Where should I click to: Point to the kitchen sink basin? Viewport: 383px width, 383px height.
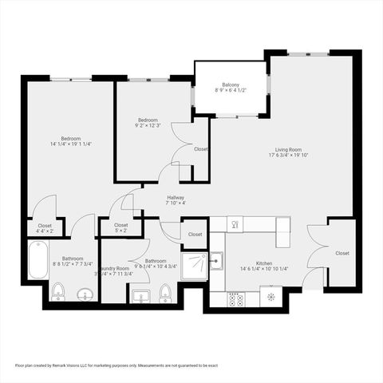[216, 259]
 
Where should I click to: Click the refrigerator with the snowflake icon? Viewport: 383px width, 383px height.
[272, 298]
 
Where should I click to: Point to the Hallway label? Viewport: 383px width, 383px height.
[176, 197]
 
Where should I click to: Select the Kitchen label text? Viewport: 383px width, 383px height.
[264, 262]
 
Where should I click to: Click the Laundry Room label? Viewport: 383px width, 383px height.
[112, 268]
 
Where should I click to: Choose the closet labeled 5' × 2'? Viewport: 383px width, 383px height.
[120, 229]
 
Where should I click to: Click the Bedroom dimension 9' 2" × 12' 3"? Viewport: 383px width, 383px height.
[148, 124]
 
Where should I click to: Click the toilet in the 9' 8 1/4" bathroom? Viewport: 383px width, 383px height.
[164, 296]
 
